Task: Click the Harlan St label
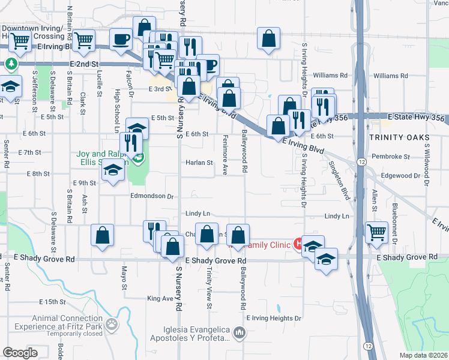point(199,163)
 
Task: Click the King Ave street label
point(160,298)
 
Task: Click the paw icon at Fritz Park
point(112,324)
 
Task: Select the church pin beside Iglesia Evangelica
point(239,332)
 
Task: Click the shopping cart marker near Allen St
point(376,232)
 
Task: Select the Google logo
point(20,352)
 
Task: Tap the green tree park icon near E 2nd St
point(11,63)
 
